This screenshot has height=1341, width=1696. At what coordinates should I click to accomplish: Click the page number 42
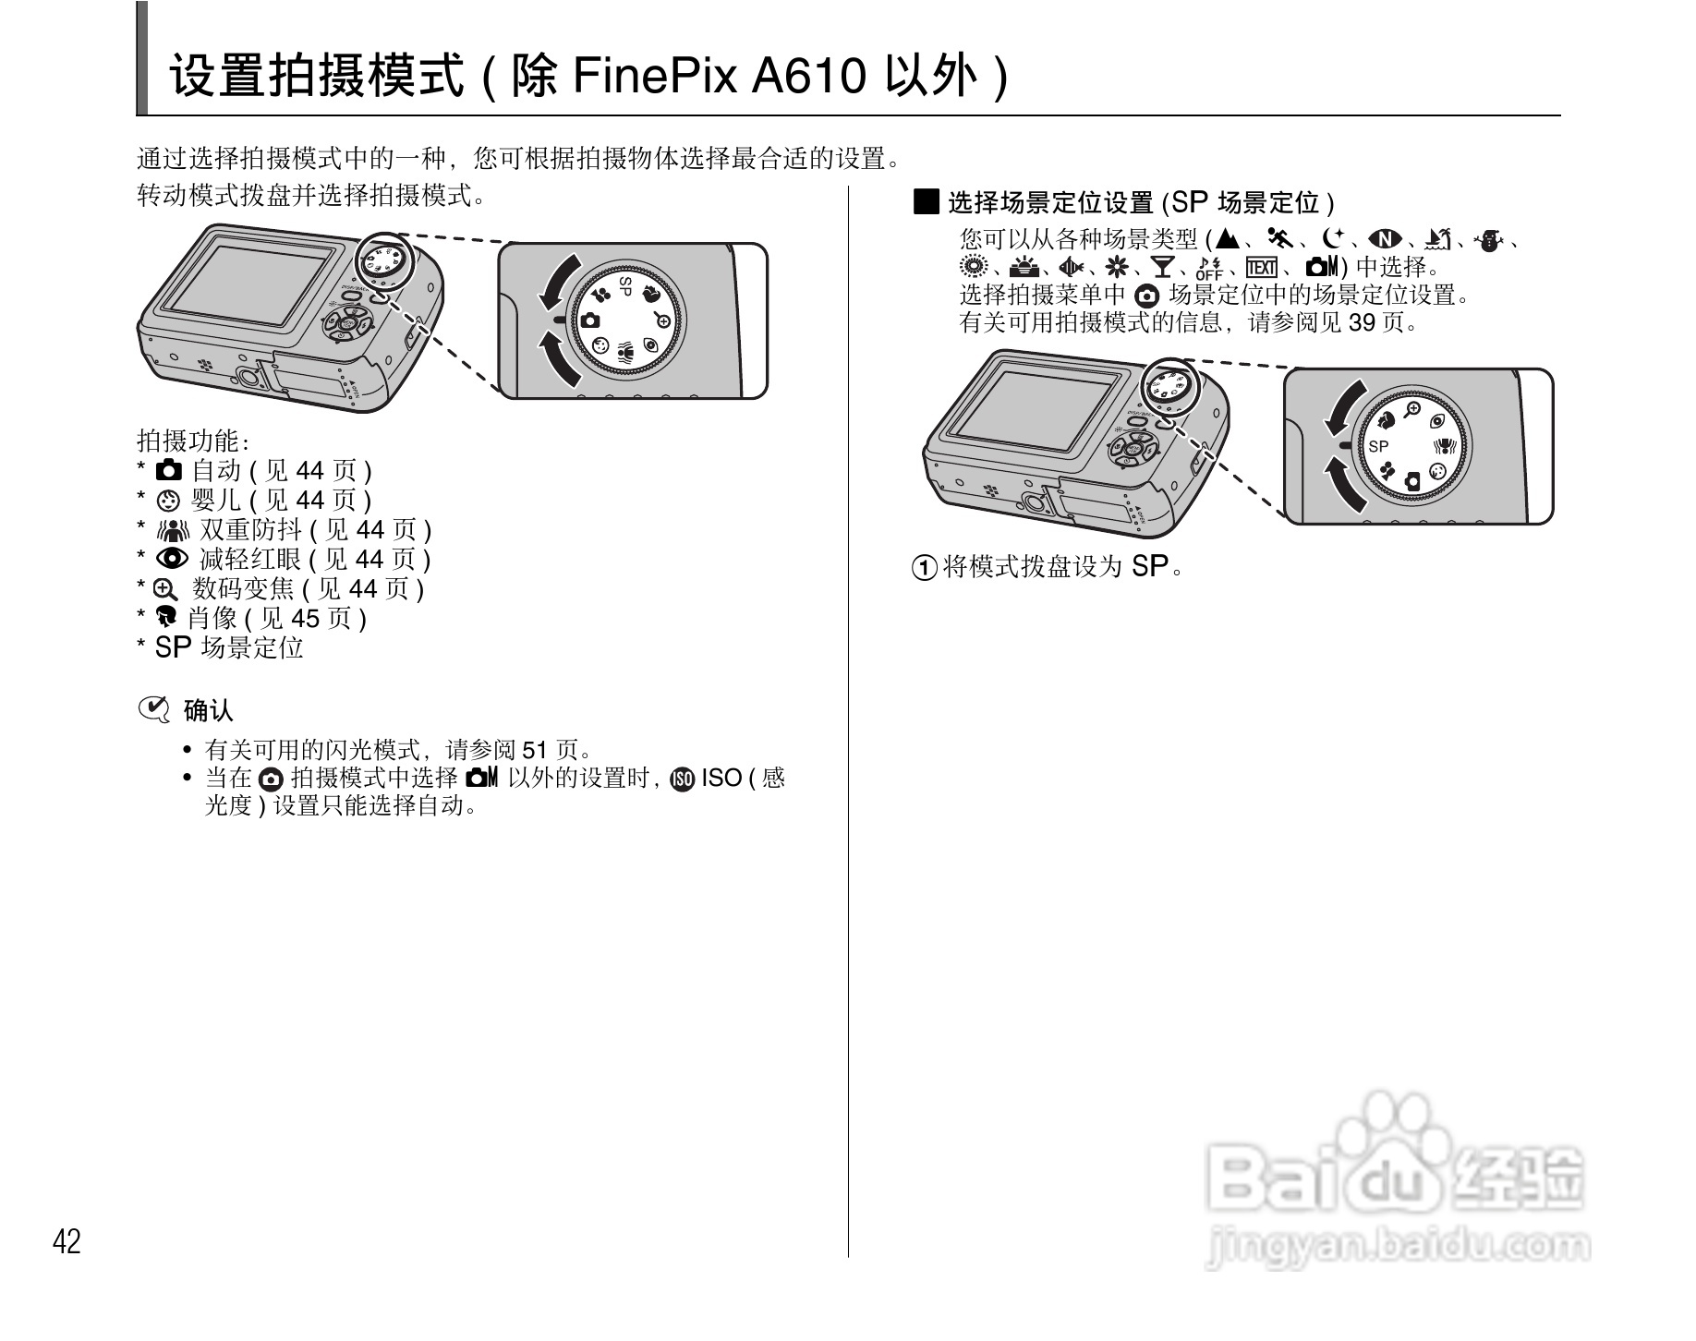(67, 1241)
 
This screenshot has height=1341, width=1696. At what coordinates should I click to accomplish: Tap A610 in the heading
(807, 76)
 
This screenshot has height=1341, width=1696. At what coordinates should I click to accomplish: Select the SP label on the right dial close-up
(1378, 446)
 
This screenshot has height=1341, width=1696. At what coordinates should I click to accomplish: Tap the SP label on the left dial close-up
(625, 286)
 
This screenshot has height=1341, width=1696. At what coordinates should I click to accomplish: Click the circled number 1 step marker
(924, 568)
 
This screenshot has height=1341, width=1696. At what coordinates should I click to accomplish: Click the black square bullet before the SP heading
(926, 201)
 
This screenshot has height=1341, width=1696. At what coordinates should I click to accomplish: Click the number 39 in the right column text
(1363, 322)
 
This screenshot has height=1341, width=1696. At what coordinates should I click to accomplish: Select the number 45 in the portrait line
(305, 618)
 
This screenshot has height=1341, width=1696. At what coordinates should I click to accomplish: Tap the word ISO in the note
(721, 778)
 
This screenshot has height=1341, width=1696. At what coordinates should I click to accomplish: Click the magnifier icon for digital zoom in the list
(164, 589)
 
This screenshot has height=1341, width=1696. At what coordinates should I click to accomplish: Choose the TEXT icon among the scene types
(1261, 268)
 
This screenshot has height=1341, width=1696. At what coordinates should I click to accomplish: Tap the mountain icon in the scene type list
(1227, 239)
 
